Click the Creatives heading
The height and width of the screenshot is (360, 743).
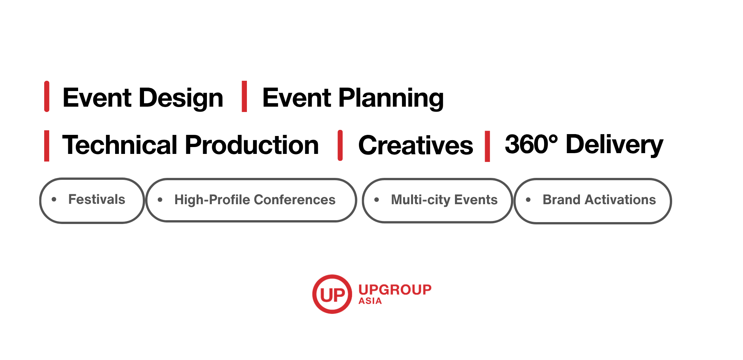tap(416, 146)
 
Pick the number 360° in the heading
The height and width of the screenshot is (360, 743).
tap(531, 144)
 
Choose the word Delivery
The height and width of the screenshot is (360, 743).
tap(614, 145)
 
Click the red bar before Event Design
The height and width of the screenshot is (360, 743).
tap(47, 96)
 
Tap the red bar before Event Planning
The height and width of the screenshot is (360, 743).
tap(244, 96)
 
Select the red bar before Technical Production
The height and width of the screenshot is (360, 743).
tap(47, 146)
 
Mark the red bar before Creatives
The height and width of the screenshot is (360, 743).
tap(340, 146)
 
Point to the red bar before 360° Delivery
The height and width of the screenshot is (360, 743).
tap(487, 146)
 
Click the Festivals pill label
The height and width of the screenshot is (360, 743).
tap(97, 199)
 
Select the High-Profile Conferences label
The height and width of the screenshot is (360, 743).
tap(255, 200)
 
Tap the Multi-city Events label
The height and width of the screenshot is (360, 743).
tap(444, 200)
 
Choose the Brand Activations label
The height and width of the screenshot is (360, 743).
tap(599, 200)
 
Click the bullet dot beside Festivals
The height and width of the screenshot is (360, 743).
tap(54, 199)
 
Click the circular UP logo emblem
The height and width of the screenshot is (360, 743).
tap(332, 294)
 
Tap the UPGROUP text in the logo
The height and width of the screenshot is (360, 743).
tap(395, 290)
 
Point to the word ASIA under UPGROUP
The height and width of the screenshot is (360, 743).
tap(370, 301)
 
